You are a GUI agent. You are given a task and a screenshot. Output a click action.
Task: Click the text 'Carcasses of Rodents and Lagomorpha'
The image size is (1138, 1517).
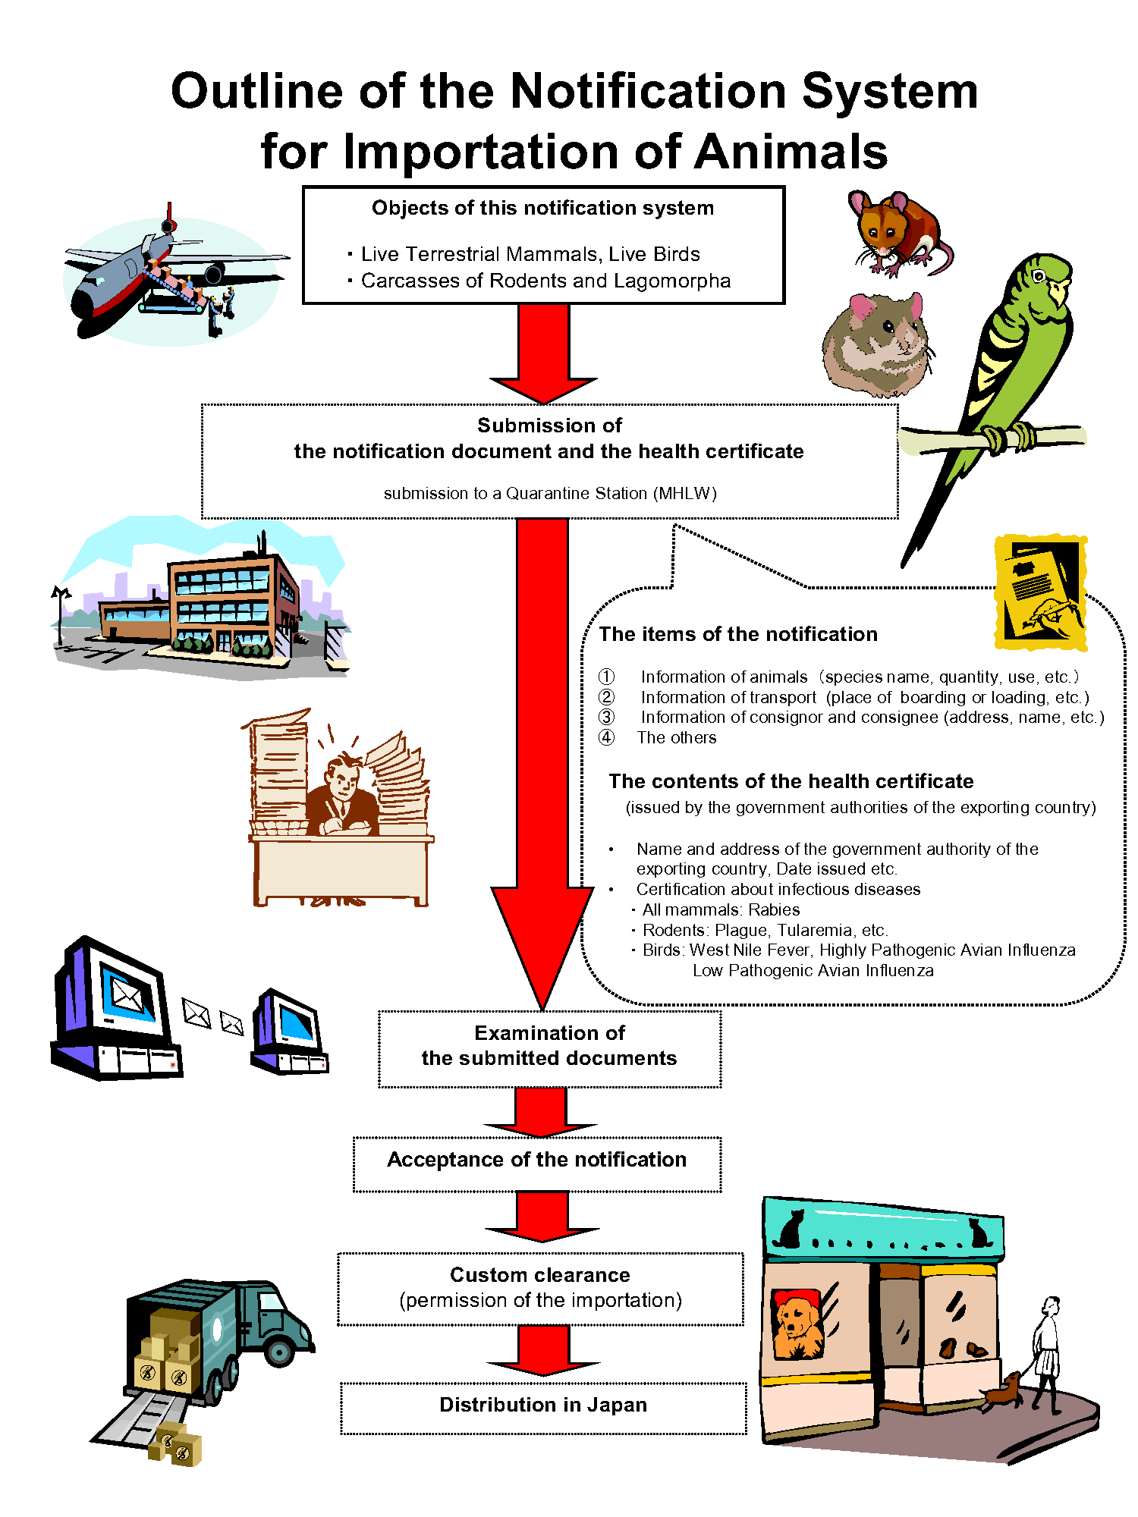(x=545, y=281)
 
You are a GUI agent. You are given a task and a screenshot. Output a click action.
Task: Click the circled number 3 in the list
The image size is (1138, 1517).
(x=606, y=717)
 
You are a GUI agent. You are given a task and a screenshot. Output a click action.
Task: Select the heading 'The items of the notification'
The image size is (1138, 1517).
(x=737, y=634)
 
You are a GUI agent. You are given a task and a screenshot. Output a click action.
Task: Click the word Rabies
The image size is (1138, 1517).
(x=774, y=909)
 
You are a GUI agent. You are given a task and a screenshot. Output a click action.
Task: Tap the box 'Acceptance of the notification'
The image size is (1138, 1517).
(x=536, y=1164)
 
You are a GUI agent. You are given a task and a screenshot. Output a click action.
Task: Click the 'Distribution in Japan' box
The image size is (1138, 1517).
(x=543, y=1408)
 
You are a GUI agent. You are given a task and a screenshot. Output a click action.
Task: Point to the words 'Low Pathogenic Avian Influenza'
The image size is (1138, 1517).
(x=813, y=970)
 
